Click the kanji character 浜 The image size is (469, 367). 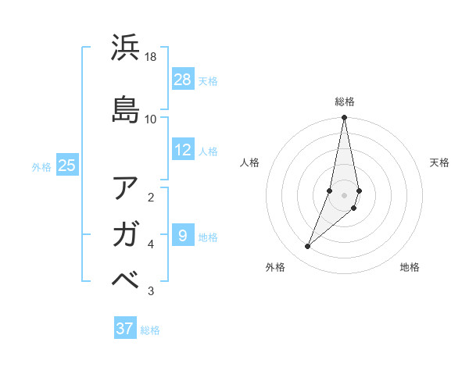(126, 48)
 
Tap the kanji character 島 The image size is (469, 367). (126, 109)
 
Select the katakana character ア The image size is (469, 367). (126, 188)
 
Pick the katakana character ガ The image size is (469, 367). (126, 233)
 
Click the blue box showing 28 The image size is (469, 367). (182, 80)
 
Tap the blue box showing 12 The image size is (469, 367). (182, 150)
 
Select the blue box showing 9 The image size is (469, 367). (182, 236)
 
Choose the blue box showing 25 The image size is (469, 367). (67, 165)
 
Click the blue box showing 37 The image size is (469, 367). (125, 329)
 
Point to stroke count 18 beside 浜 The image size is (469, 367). (151, 58)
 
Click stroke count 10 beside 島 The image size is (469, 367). (151, 119)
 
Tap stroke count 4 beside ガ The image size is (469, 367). (151, 244)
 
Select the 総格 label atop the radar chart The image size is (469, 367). (345, 102)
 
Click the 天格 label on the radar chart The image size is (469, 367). (439, 162)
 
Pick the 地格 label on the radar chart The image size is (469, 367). (410, 267)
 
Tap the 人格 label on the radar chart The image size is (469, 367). (250, 162)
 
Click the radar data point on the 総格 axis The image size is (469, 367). (345, 118)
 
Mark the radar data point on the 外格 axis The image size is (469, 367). (308, 247)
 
